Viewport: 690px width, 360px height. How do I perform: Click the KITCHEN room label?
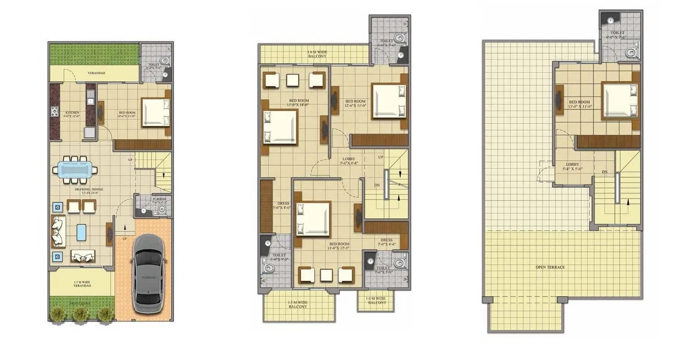point(72,113)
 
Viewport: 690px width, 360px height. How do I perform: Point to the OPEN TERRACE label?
point(550,267)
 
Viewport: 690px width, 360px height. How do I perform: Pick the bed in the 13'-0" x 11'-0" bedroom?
point(619,100)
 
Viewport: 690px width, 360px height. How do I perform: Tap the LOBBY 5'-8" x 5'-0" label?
point(573,166)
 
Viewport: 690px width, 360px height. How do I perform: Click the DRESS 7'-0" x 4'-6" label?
point(386,242)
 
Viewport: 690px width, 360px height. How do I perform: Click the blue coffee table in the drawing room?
point(81,232)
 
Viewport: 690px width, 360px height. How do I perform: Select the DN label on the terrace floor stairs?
point(604,172)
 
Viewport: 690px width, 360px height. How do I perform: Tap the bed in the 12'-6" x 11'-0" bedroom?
point(389,101)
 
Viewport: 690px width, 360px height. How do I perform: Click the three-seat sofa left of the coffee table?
point(58,231)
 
